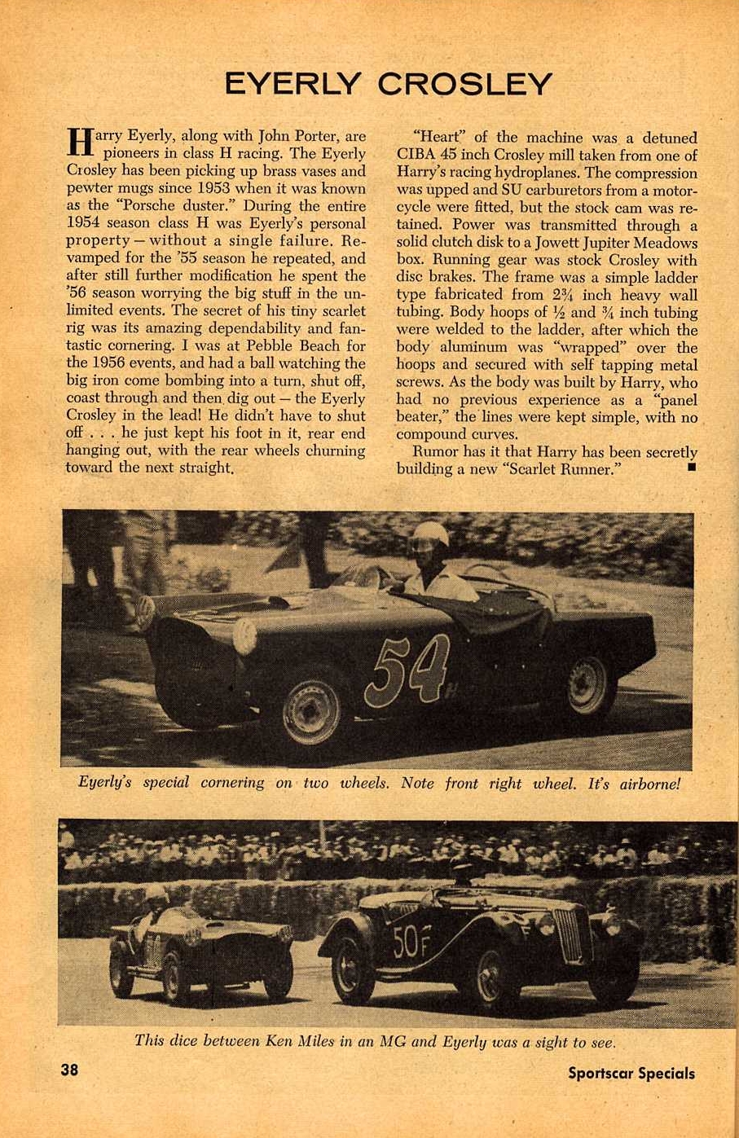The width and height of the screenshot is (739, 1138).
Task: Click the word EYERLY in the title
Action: coord(293,84)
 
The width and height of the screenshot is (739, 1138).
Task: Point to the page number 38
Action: coord(69,1069)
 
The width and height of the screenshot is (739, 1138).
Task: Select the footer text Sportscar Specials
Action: coord(631,1073)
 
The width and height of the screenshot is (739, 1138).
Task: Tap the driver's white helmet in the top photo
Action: coord(429,535)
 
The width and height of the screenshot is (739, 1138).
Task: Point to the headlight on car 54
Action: coord(245,636)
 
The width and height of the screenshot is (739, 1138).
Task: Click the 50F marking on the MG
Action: coord(407,942)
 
